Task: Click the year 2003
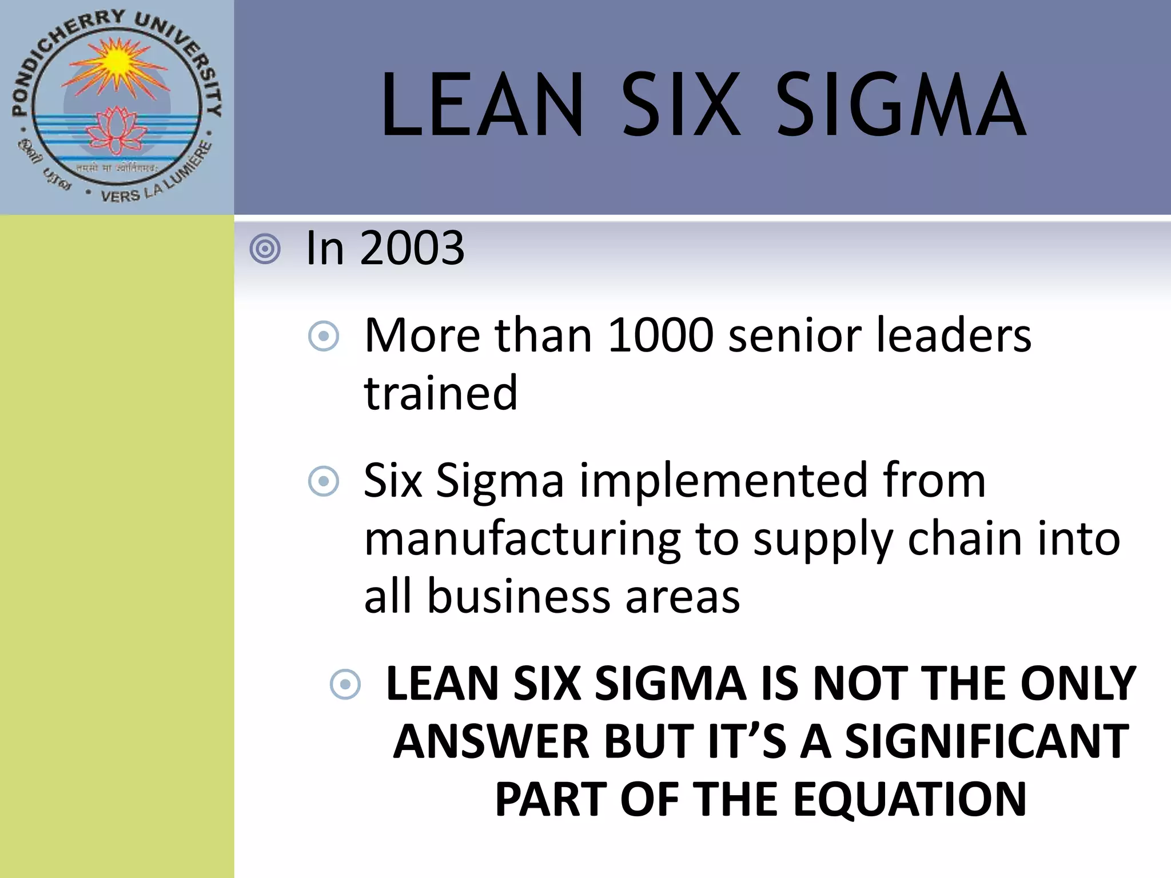tap(412, 248)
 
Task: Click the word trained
tap(441, 393)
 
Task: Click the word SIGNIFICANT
tap(987, 741)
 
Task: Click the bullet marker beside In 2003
tap(265, 249)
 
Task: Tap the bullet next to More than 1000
tap(324, 336)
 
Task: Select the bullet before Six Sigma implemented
tap(324, 481)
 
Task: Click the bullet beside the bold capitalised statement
tap(345, 684)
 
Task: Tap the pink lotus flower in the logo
tap(117, 129)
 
